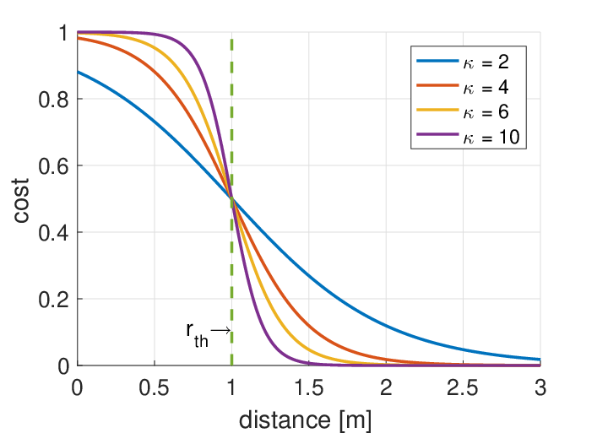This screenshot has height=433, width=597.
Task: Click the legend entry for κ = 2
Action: (463, 62)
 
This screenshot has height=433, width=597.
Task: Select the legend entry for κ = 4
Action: (463, 87)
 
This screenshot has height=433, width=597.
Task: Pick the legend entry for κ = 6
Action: (463, 112)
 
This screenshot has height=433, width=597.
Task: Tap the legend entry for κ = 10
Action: (468, 137)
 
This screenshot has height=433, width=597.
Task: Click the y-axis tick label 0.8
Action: (53, 100)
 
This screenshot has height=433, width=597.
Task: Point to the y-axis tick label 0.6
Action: (53, 166)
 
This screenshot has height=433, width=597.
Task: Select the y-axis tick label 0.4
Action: (53, 233)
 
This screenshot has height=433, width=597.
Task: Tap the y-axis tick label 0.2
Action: (53, 300)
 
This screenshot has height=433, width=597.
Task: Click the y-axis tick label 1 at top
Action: (63, 33)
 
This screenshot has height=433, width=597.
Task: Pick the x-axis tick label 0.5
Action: (154, 388)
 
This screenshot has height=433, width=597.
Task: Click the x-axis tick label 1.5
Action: (308, 388)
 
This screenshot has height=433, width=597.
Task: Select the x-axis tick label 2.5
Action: (463, 388)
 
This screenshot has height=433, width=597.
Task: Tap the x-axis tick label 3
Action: (540, 388)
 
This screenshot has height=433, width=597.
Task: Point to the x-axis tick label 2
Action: (386, 388)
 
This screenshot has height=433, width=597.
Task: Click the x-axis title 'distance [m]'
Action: (305, 420)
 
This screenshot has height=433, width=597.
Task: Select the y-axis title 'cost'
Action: (21, 200)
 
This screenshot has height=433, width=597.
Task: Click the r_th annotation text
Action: (198, 335)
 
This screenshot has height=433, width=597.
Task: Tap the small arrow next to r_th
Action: (220, 330)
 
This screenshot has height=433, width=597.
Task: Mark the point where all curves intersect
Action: (231, 198)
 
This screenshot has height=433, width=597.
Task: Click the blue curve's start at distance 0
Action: (78, 72)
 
